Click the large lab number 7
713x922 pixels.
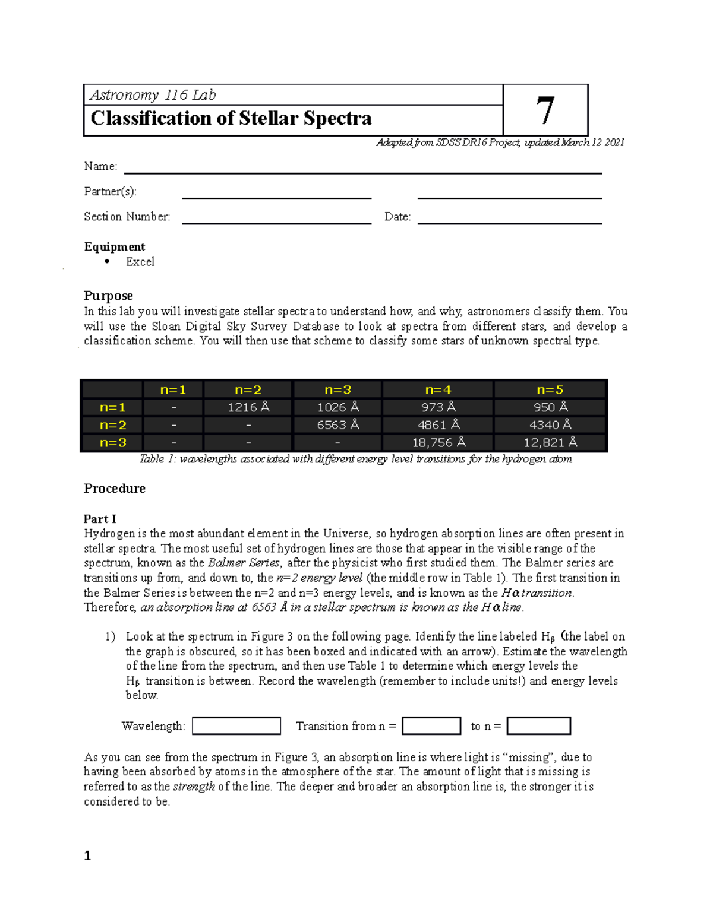click(545, 111)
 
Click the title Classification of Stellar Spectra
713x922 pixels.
click(231, 119)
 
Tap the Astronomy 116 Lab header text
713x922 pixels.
click(153, 95)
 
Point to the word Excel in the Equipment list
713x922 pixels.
click(140, 262)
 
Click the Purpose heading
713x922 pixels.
click(108, 296)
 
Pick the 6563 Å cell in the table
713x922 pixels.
click(337, 425)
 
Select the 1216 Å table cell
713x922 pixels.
click(248, 407)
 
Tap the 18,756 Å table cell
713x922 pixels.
click(438, 443)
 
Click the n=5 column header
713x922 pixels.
click(550, 390)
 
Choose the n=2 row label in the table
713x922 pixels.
click(112, 425)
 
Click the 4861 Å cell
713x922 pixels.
click(438, 425)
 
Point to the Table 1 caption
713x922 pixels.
click(355, 459)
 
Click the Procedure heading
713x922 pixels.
click(115, 489)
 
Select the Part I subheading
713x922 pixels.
click(100, 519)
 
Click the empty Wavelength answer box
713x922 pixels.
click(236, 726)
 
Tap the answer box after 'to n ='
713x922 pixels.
click(538, 726)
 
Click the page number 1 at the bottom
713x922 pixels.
click(87, 856)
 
